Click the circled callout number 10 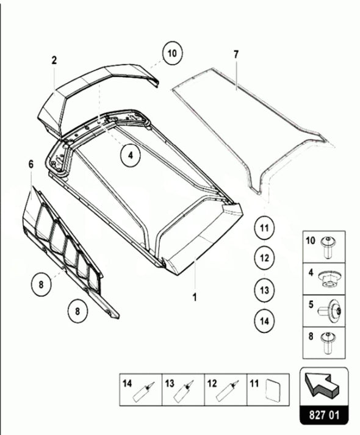pyautogui.click(x=172, y=54)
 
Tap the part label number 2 pyautogui.click(x=54, y=60)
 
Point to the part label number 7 pyautogui.click(x=236, y=54)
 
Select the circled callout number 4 pyautogui.click(x=130, y=156)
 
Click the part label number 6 pyautogui.click(x=31, y=163)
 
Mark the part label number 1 pyautogui.click(x=194, y=298)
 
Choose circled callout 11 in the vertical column pyautogui.click(x=264, y=229)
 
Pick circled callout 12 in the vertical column pyautogui.click(x=264, y=258)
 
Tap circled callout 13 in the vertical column pyautogui.click(x=264, y=289)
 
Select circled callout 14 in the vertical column pyautogui.click(x=264, y=319)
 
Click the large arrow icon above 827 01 pyautogui.click(x=323, y=384)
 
